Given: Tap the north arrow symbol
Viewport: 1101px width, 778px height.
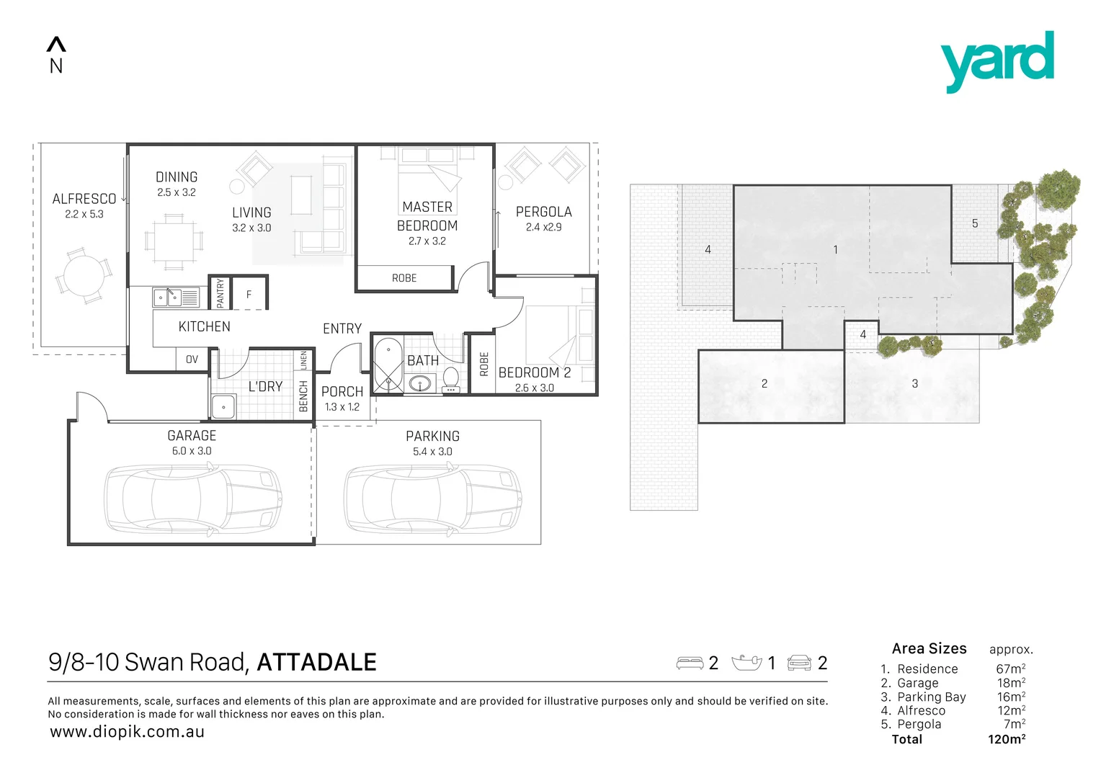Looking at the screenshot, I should point(56,45).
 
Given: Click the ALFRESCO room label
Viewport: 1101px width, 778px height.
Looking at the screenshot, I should point(84,199).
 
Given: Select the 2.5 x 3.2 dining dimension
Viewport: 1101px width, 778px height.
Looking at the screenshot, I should point(177,192).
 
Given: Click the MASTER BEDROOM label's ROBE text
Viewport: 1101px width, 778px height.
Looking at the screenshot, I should point(404,278).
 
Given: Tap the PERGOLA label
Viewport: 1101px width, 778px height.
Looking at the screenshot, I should point(544,212).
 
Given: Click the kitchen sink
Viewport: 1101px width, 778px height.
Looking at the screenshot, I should point(167,297).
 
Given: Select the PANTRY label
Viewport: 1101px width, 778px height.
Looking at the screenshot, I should point(220,293).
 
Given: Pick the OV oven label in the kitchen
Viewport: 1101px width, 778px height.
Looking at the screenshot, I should point(192,359).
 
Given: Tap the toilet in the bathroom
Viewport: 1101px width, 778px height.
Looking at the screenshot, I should point(451,377).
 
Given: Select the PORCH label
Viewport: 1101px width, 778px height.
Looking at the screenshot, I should point(342,391).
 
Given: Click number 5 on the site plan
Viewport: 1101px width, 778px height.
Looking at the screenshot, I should point(975,223).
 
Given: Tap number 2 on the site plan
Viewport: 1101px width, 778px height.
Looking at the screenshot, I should point(765,383).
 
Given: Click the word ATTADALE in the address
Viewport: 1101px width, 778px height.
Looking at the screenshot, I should point(316,662).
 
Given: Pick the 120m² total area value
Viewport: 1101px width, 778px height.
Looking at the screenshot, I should point(1007,739).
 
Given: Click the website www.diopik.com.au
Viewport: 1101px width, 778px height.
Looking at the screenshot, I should point(128,732).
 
